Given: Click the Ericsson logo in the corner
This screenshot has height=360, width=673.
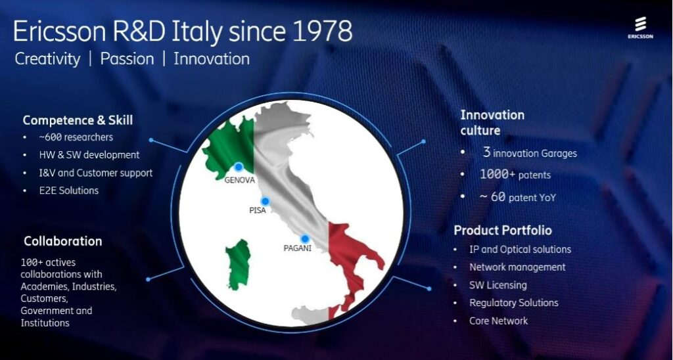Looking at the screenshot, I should click(639, 29).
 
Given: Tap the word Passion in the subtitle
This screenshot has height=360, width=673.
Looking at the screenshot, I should click(127, 58).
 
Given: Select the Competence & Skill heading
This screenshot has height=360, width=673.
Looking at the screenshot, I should click(78, 120).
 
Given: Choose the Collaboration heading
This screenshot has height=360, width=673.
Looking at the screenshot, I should click(63, 241).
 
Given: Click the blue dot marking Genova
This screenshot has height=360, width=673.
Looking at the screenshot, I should click(239, 167).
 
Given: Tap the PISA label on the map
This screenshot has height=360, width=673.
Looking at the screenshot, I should click(258, 211).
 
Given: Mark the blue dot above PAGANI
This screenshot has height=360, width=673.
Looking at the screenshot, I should click(305, 238).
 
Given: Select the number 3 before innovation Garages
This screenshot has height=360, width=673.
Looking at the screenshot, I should click(486, 152).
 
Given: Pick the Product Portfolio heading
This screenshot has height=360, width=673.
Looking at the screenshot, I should click(503, 231).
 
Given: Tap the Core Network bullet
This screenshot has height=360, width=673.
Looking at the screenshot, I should click(498, 321).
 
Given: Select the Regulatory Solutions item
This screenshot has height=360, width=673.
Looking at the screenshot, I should click(513, 303).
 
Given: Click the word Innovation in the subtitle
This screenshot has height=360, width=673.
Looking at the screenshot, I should click(212, 58).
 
